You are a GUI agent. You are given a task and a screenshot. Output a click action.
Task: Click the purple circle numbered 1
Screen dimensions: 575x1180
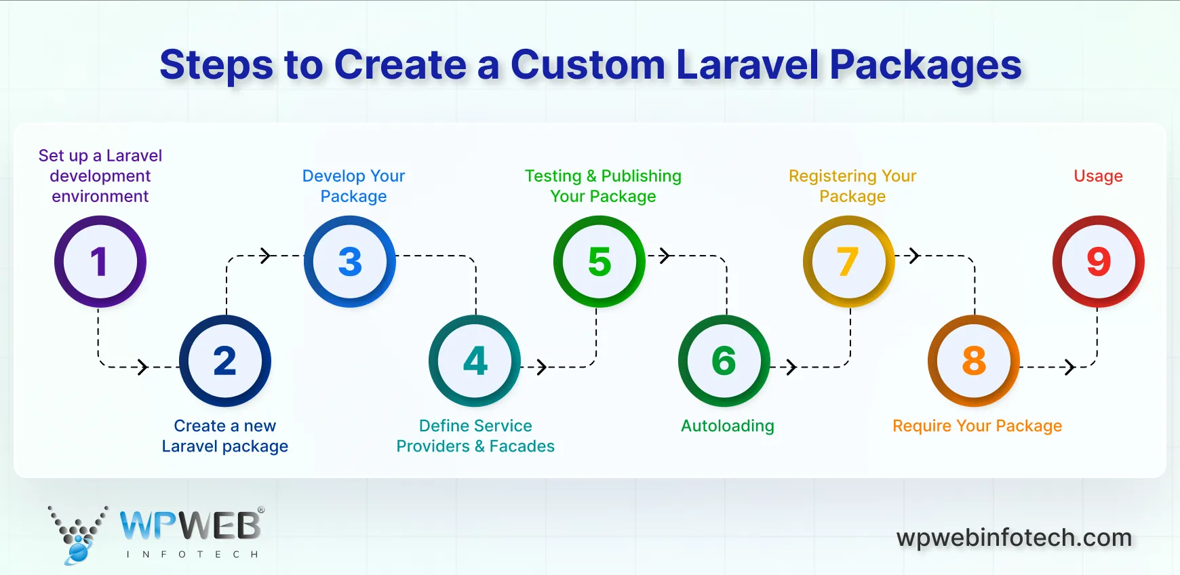pos(100,262)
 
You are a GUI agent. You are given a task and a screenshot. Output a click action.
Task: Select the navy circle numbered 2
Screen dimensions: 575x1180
pos(225,361)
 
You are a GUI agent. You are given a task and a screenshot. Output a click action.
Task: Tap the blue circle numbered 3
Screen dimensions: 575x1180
pos(350,262)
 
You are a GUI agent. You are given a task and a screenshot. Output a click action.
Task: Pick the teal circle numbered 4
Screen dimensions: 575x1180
pos(475,361)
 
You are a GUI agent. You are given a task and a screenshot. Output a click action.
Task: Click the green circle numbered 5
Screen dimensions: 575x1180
pos(599,262)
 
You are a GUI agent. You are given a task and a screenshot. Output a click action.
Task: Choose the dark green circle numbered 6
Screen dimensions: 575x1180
pos(724,361)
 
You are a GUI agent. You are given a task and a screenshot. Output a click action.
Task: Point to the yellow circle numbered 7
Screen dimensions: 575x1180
pos(848,262)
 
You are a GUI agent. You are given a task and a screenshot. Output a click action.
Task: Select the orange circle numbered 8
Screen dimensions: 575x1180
pos(974,361)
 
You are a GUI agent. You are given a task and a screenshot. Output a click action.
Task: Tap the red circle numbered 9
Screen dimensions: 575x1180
pos(1099,262)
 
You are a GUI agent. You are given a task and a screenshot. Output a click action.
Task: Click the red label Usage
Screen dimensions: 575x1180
pos(1098,176)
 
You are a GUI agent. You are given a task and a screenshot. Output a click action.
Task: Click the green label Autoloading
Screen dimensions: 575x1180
pos(727,426)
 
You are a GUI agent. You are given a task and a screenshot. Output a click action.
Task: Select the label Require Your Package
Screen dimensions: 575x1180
pos(977,426)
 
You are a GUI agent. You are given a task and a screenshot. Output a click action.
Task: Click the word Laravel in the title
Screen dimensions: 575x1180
pos(747,65)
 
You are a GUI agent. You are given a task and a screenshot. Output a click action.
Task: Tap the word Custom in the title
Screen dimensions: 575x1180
pos(587,65)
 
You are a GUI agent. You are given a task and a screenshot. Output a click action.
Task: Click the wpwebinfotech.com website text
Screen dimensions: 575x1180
pos(1014,538)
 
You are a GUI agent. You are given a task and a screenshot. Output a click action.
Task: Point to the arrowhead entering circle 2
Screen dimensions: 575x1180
pos(142,367)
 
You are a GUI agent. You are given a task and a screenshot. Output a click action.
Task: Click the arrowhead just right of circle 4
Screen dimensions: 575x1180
pos(541,367)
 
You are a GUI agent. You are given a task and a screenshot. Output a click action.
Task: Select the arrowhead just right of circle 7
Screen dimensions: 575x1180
pos(914,256)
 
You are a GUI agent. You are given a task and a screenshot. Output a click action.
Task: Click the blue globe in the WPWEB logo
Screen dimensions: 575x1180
pos(78,553)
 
